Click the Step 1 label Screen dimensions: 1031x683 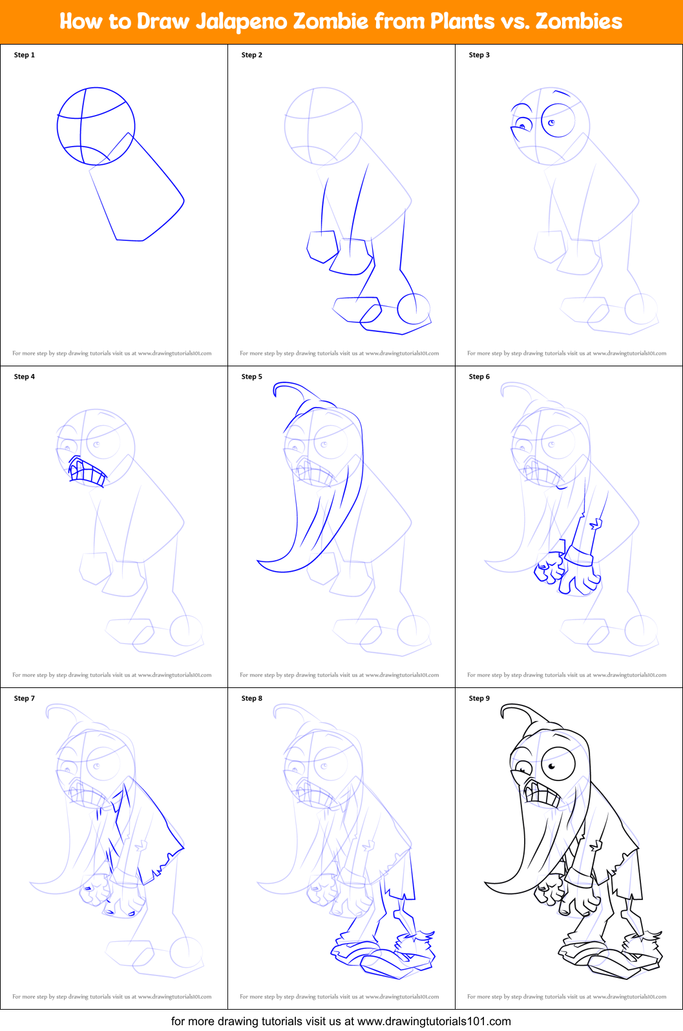click(x=25, y=55)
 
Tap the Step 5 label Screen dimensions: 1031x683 click(x=252, y=377)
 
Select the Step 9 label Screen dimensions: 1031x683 click(x=479, y=698)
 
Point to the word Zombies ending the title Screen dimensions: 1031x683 click(x=578, y=21)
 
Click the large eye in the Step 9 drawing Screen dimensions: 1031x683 click(x=558, y=765)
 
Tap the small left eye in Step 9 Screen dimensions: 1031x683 click(x=521, y=769)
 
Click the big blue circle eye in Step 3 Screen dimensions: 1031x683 click(x=558, y=121)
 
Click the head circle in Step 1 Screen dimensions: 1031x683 click(x=96, y=126)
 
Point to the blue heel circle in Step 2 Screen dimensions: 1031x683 click(x=414, y=308)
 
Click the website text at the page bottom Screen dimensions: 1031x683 click(x=341, y=1021)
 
